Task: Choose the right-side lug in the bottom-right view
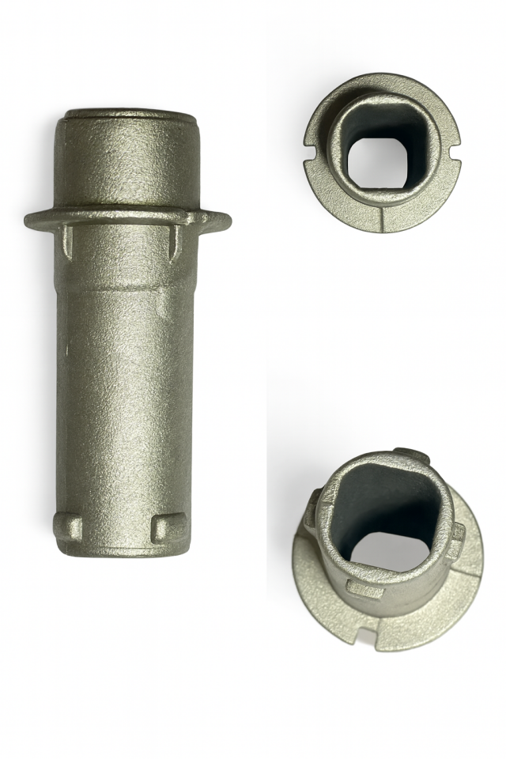pyautogui.click(x=456, y=534)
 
